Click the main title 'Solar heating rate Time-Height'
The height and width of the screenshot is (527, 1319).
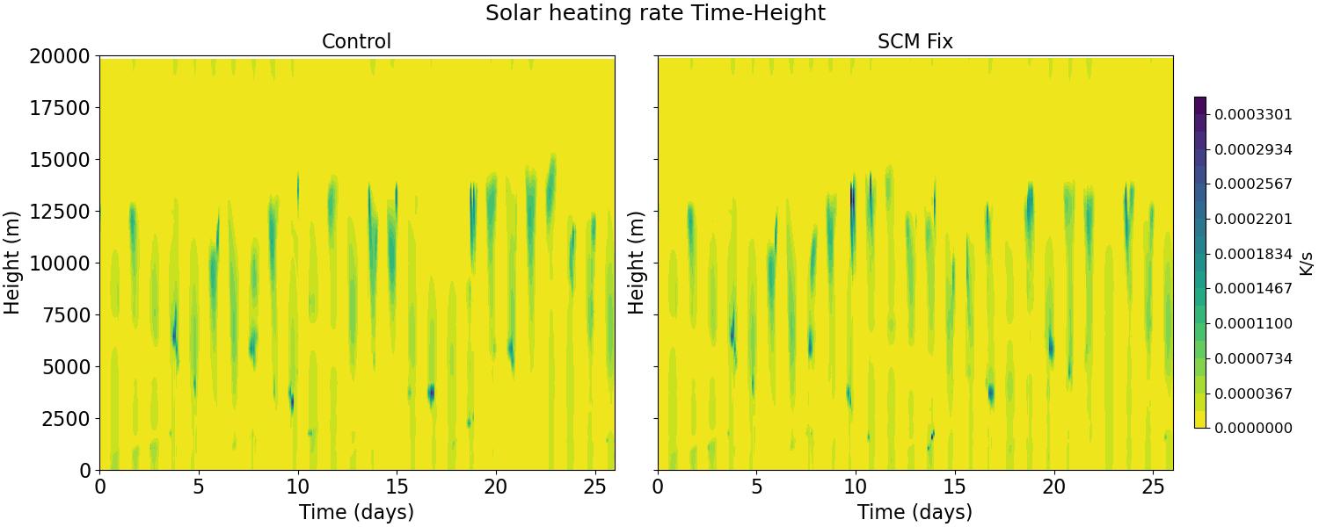point(655,12)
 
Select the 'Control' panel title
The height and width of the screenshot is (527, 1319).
point(356,41)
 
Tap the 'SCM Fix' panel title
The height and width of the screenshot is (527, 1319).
point(915,41)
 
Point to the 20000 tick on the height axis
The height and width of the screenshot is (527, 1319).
point(60,56)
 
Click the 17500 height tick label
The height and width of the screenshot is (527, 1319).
point(60,108)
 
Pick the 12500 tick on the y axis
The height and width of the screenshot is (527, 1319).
point(60,212)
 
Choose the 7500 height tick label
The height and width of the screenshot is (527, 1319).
point(67,315)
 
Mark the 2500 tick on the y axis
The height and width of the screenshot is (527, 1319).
point(67,419)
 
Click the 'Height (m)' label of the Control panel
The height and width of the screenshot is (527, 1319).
point(11,263)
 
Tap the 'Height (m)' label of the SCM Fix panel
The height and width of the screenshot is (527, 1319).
point(636,263)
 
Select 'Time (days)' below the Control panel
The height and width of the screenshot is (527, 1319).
point(356,512)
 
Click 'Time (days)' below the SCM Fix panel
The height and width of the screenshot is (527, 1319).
point(915,512)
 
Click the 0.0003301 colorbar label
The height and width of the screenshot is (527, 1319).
point(1254,114)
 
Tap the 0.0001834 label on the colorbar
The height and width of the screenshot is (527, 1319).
point(1254,254)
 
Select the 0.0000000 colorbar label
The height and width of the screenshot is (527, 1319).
point(1254,429)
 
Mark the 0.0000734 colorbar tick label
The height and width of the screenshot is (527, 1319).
point(1254,358)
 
